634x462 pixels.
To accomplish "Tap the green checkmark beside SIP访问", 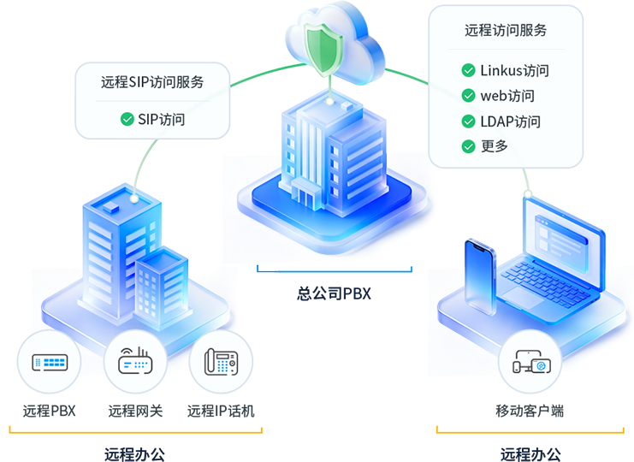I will (127, 119).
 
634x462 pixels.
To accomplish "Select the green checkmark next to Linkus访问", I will (468, 71).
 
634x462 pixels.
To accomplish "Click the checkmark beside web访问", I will (468, 96).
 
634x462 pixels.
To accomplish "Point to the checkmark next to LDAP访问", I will (468, 121).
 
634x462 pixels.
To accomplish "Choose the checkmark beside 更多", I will (468, 145).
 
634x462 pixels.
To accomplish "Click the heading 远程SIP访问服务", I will (152, 82).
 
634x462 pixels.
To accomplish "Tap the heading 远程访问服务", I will (506, 30).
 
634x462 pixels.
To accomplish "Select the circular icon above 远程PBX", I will (49, 362).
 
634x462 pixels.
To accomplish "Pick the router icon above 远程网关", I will (135, 362).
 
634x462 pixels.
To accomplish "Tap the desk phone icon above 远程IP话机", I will (221, 362).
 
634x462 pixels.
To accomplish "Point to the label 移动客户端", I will (530, 411).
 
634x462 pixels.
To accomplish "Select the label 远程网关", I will (135, 411).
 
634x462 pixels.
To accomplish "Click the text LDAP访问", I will (510, 121).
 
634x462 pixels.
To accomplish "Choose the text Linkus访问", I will (514, 71).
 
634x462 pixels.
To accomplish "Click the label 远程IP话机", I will (221, 411).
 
